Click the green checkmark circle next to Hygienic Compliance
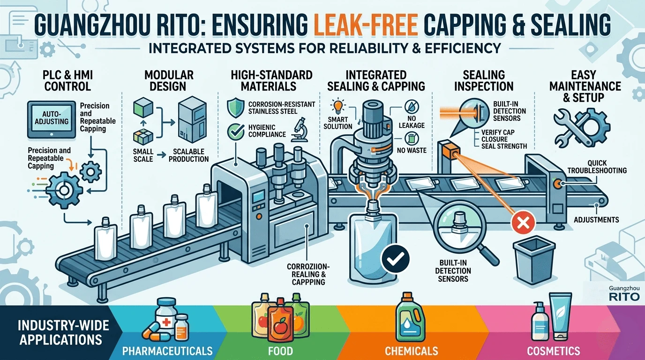tap(235, 132)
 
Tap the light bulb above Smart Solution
tap(338, 106)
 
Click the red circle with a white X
tap(523, 222)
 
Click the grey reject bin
tap(534, 260)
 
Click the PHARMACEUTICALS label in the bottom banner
tap(167, 351)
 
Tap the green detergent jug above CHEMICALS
tap(411, 317)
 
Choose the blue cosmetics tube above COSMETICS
tap(560, 317)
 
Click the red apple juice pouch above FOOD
tap(280, 320)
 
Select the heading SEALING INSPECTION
tap(484, 81)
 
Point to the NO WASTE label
tap(412, 150)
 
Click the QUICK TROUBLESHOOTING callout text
tap(597, 167)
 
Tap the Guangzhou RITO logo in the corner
tap(624, 294)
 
